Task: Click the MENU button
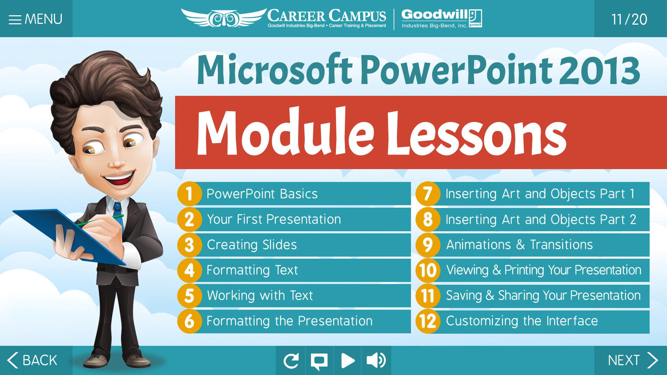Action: (36, 19)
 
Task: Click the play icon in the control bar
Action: (347, 360)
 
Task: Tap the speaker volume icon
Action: (376, 360)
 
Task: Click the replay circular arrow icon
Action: (291, 360)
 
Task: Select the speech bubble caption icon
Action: (319, 360)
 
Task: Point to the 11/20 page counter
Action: (629, 19)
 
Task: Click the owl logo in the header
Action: (224, 18)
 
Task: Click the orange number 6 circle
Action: (189, 321)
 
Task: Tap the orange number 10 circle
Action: (428, 270)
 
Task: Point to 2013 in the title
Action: (600, 70)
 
